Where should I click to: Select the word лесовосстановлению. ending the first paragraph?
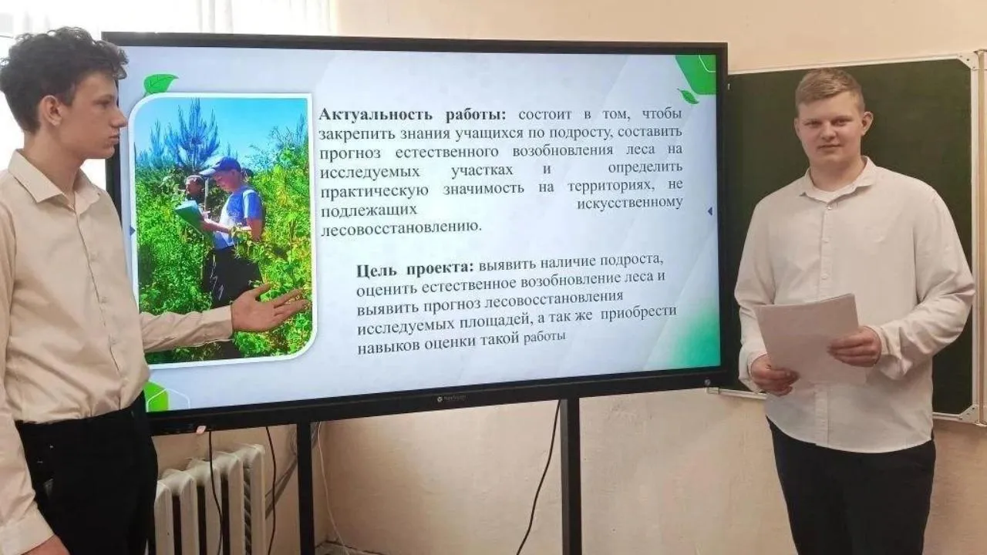click(x=401, y=227)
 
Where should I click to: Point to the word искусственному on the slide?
click(x=630, y=203)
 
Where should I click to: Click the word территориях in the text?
click(x=609, y=187)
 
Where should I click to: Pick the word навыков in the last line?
click(x=388, y=347)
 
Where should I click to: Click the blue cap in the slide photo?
click(x=221, y=166)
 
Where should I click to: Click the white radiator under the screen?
click(x=211, y=500)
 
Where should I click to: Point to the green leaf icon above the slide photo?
click(x=159, y=84)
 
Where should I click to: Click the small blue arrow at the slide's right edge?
click(x=710, y=211)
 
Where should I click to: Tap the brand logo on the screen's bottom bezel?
click(x=452, y=399)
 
